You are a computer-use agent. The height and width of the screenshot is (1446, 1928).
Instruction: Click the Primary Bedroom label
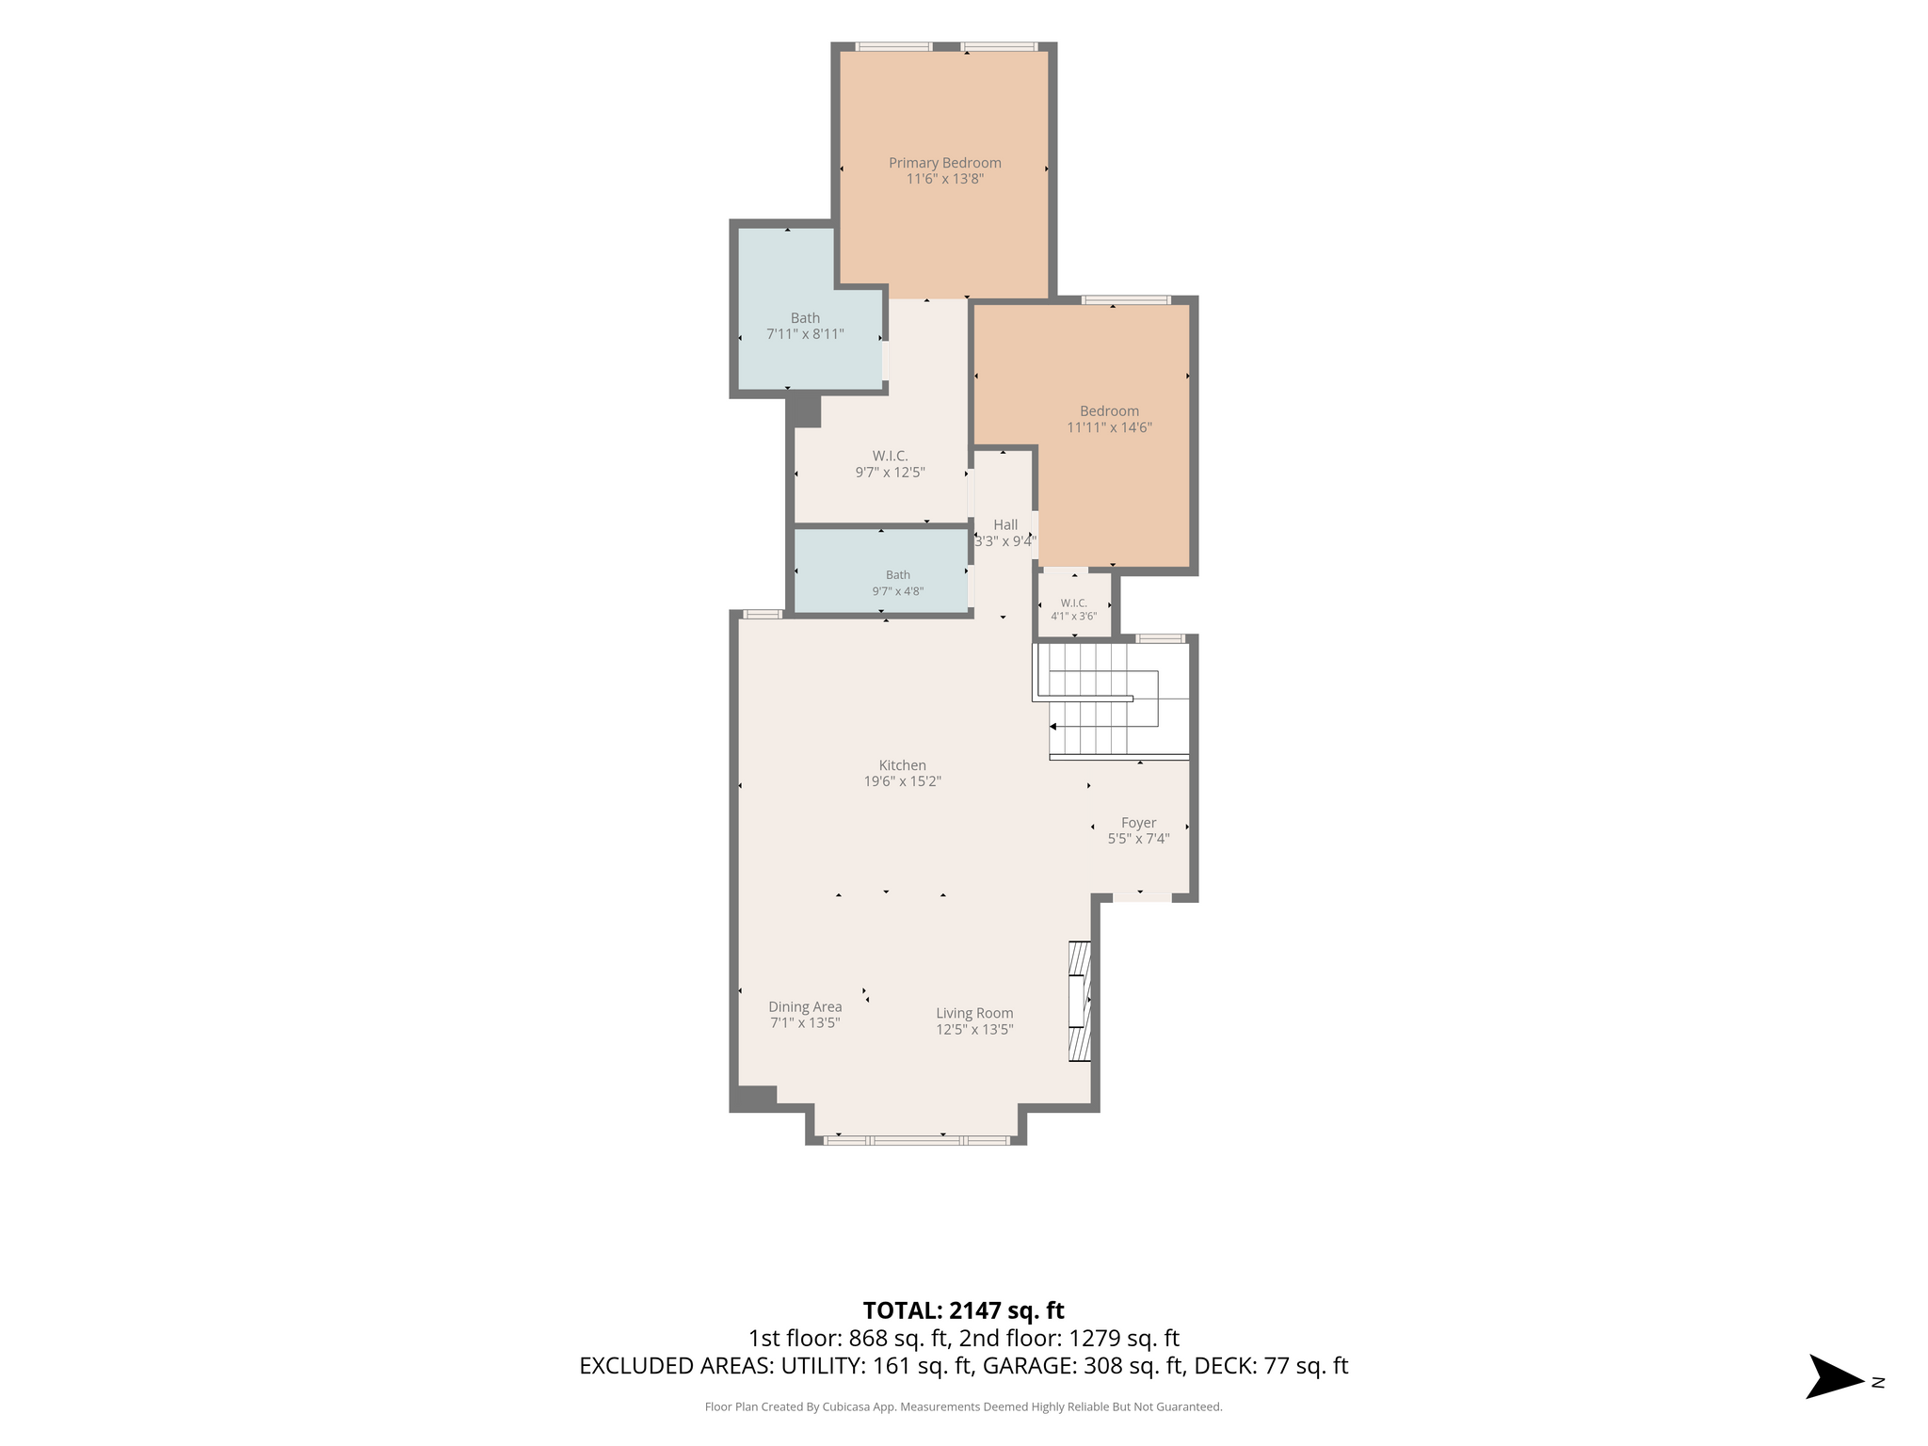pyautogui.click(x=944, y=163)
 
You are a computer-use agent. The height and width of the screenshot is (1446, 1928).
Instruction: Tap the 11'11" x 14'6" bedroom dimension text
pyautogui.click(x=1109, y=427)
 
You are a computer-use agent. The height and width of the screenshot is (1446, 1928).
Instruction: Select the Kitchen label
pyautogui.click(x=902, y=765)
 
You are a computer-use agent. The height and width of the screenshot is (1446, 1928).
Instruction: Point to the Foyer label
pyautogui.click(x=1138, y=823)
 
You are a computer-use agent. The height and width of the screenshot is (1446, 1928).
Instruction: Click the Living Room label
pyautogui.click(x=974, y=1013)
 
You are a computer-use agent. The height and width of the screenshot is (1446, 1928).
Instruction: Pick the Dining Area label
pyautogui.click(x=805, y=1006)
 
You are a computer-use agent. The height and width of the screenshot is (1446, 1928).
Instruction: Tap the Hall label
pyautogui.click(x=1005, y=525)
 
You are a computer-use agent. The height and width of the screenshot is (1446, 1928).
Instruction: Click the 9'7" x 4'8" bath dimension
pyautogui.click(x=897, y=591)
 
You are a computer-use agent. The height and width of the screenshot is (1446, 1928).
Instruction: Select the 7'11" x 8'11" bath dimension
pyautogui.click(x=805, y=334)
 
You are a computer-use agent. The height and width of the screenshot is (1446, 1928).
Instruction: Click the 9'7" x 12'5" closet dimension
pyautogui.click(x=890, y=473)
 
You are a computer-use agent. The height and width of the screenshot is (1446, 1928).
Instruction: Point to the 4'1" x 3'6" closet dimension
pyautogui.click(x=1073, y=617)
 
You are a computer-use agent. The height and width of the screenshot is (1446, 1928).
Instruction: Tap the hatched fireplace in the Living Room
pyautogui.click(x=1080, y=1002)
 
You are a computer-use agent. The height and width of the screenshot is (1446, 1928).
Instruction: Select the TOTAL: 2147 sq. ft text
pyautogui.click(x=963, y=1310)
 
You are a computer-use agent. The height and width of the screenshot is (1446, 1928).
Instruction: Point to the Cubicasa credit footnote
pyautogui.click(x=963, y=1407)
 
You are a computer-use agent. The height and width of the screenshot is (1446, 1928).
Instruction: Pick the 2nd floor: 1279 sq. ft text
pyautogui.click(x=1068, y=1339)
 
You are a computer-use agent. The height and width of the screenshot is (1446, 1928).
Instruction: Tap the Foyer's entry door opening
pyautogui.click(x=1142, y=897)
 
